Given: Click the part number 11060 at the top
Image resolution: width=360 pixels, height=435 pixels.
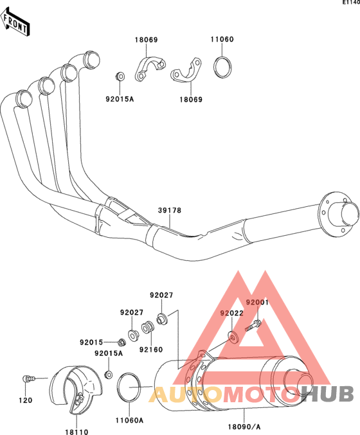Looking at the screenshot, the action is point(222,39).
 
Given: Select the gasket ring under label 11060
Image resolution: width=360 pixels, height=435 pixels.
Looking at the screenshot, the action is point(222,67).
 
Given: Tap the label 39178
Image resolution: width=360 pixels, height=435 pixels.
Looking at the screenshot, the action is point(170,211).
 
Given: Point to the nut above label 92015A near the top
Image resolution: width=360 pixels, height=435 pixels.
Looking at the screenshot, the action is point(120,76).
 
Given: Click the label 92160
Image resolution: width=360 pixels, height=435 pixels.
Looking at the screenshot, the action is point(151,350).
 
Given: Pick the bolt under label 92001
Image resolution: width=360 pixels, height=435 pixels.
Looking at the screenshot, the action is point(253,325).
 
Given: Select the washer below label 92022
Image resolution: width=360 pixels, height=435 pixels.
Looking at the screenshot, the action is point(233,337).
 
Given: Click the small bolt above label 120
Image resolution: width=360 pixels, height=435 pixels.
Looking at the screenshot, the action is point(28,378).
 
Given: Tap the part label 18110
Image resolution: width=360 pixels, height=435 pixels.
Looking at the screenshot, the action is point(76,432).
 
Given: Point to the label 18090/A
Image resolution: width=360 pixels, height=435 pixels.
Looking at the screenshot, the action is point(244,427).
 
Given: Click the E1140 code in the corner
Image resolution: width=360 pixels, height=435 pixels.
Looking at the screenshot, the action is point(351,3).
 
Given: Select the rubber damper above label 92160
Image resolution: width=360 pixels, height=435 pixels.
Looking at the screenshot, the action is point(147,328).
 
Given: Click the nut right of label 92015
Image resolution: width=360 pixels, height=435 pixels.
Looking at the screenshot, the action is point(121,343).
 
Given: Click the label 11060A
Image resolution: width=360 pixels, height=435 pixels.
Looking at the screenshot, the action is point(129,421).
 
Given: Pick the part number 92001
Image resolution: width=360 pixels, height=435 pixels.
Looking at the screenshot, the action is point(257,303).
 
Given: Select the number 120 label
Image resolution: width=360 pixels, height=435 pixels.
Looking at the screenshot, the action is point(26,400).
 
